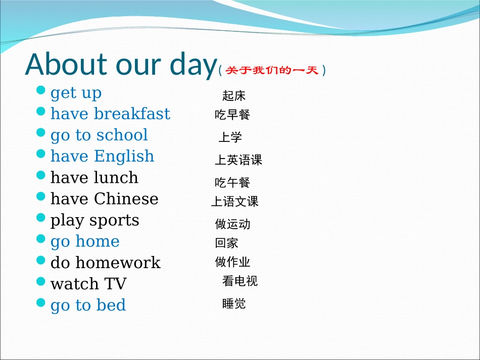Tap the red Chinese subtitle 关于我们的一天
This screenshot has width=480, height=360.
(272, 70)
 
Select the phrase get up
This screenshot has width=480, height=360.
(76, 93)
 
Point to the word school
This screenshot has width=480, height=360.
(122, 135)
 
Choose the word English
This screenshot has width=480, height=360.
(124, 157)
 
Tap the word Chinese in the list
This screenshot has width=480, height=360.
(126, 199)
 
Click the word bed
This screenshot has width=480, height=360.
(112, 305)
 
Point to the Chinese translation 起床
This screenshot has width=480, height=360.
(234, 95)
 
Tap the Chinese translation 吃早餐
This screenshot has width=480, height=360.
(232, 115)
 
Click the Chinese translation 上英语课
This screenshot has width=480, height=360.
(238, 161)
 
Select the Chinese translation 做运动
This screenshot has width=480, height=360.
(232, 224)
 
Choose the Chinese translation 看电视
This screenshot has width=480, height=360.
(240, 281)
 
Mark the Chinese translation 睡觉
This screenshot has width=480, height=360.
(234, 303)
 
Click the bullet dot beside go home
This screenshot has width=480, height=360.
(41, 239)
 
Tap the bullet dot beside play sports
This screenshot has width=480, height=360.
(41, 218)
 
